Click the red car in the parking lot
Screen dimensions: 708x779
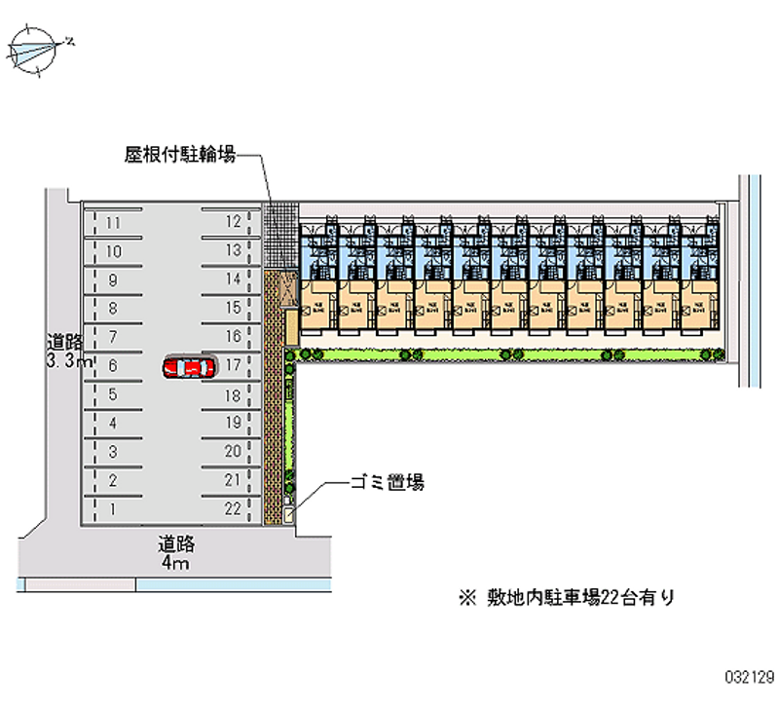pyautogui.click(x=189, y=367)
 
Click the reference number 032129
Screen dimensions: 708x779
pyautogui.click(x=746, y=673)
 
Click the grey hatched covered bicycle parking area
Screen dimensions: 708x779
pyautogui.click(x=280, y=234)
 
